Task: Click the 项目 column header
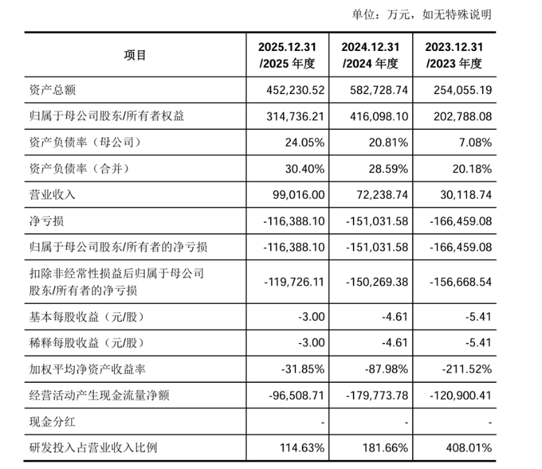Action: [135, 55]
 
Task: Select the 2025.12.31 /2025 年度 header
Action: [287, 55]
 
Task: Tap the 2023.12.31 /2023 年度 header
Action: [454, 55]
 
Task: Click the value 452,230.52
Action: [295, 90]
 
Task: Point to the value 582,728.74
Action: [379, 90]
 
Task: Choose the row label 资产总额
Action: [53, 90]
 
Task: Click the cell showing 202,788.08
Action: [462, 117]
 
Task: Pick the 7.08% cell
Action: [475, 142]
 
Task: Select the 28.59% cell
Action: [388, 169]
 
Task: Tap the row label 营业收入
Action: [53, 195]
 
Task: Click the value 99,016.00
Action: [299, 195]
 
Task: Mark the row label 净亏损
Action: [47, 221]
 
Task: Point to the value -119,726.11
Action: [294, 282]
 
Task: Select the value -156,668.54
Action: [460, 282]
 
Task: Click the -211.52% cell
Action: [466, 369]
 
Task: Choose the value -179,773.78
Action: [377, 395]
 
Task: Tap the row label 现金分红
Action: [53, 422]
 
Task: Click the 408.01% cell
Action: [469, 448]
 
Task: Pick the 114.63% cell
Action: [302, 448]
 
